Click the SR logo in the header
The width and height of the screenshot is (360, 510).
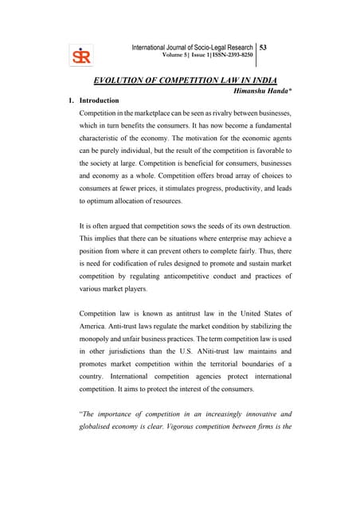pos(81,57)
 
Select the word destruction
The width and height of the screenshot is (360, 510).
pos(292,226)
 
